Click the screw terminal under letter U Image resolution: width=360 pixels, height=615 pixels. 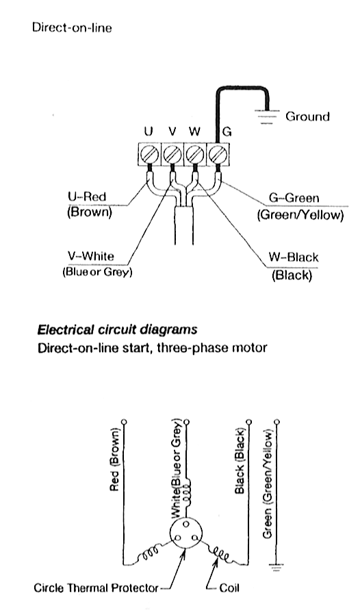pos(149,153)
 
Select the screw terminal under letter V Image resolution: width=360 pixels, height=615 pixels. pos(172,153)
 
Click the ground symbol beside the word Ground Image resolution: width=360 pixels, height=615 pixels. pos(267,116)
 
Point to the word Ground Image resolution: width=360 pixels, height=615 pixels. pos(307,116)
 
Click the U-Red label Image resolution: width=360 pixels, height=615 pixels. pos(87,197)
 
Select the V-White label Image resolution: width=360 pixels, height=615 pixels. pos(91,256)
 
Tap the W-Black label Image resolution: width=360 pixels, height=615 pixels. pos(294,258)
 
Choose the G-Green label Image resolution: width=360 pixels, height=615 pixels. pos(294,198)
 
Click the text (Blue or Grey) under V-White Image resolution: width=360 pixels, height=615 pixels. pos(97,272)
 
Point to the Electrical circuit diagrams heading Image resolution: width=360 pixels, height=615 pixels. pos(117,329)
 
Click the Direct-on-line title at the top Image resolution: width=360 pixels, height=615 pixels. pos(72,28)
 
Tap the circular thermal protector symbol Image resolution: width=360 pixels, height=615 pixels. pos(187,534)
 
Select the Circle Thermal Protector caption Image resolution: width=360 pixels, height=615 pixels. pos(97,588)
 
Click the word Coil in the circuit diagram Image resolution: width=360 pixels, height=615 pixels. pos(229,588)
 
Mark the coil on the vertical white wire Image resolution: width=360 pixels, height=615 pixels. pos(187,490)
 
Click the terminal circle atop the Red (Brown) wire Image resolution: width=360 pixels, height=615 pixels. pos(125,422)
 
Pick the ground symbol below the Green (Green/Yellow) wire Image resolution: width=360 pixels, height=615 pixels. pos(277,566)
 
